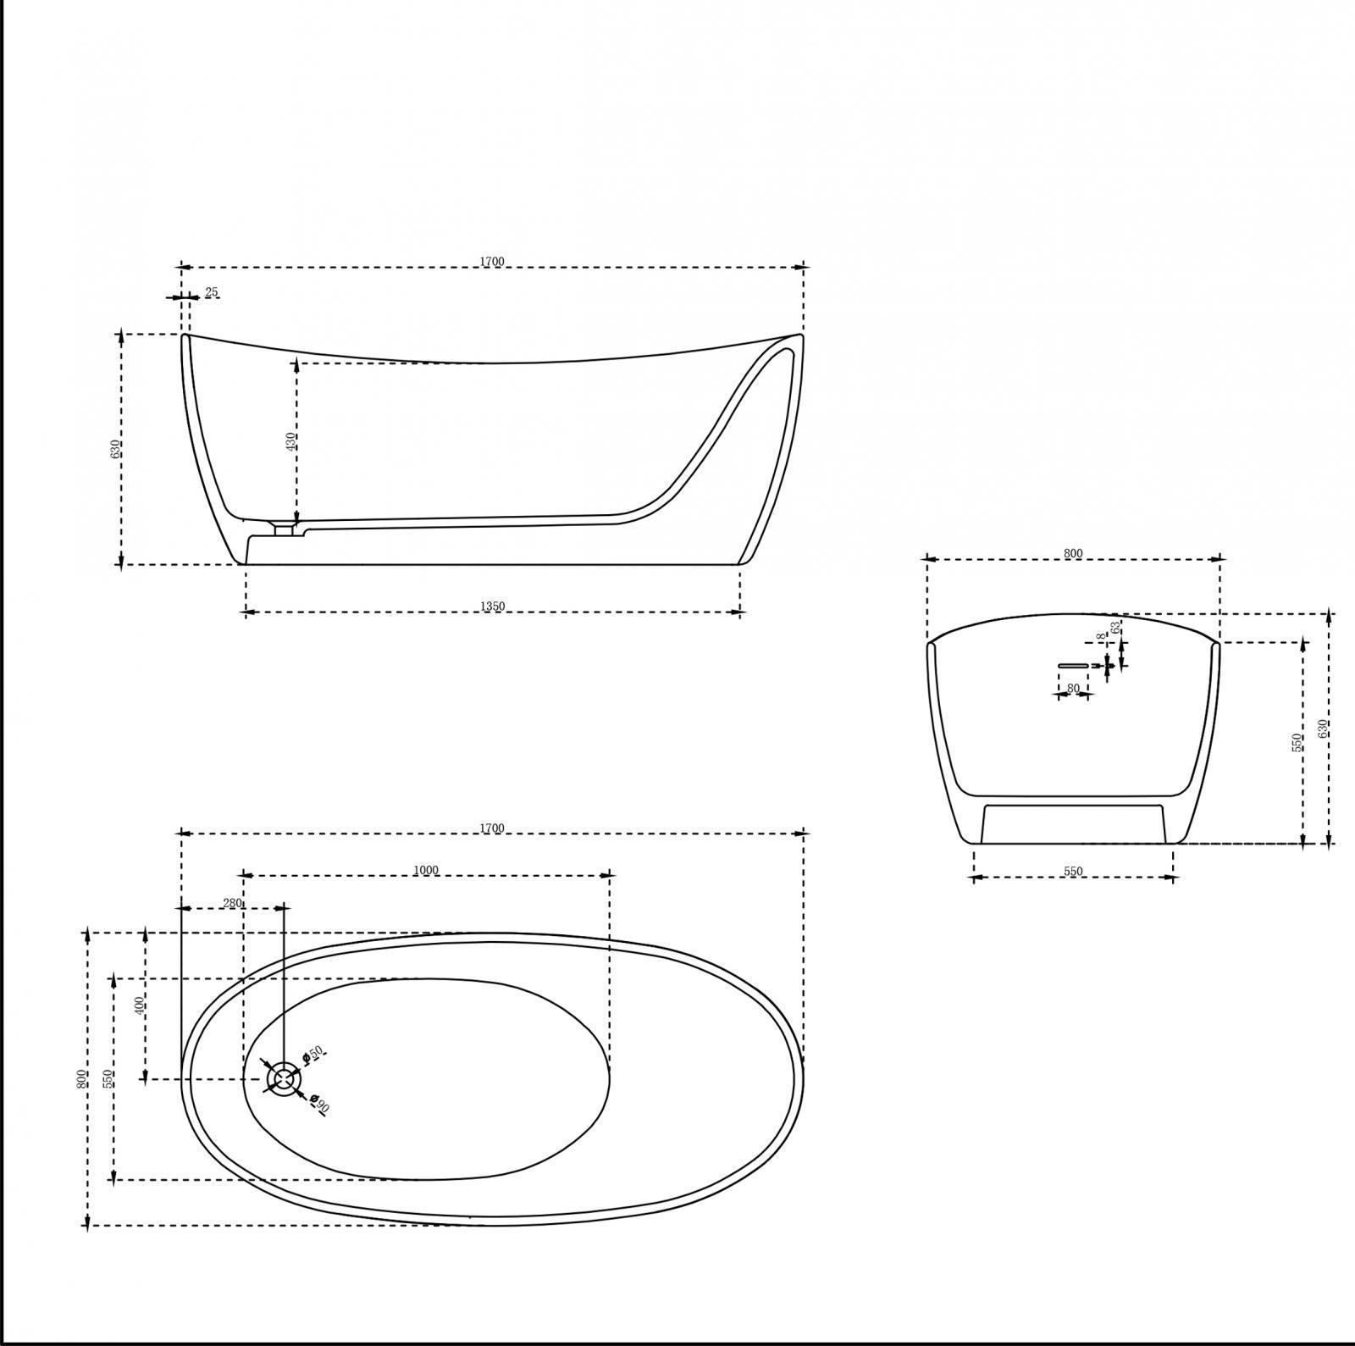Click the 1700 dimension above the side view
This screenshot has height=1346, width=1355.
[x=492, y=262]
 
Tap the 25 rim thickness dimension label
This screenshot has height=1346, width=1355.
[x=212, y=292]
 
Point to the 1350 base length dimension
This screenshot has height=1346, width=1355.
[x=492, y=607]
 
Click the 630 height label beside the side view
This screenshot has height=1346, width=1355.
[x=115, y=449]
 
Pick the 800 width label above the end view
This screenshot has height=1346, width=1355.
[x=1073, y=554]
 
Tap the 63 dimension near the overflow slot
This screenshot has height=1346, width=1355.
[x=1116, y=628]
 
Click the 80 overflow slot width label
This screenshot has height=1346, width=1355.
[x=1073, y=689]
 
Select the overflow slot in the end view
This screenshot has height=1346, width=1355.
[x=1076, y=666]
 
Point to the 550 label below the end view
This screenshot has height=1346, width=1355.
[x=1073, y=872]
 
